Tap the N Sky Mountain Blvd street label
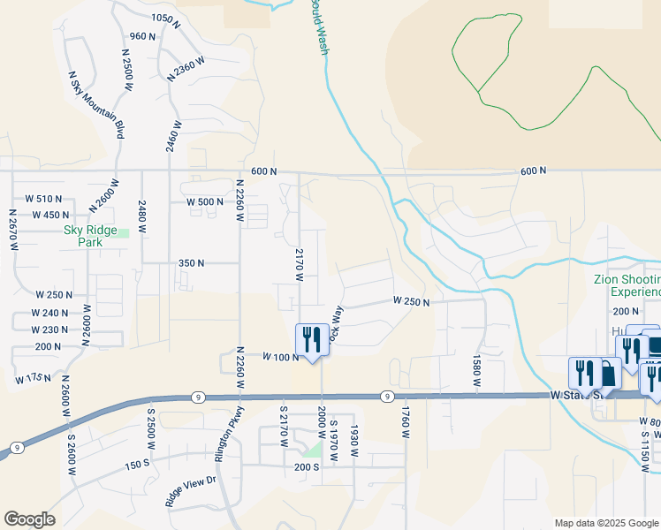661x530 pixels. tap(95, 103)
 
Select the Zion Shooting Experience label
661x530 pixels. tap(627, 285)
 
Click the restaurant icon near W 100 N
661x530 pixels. tap(311, 337)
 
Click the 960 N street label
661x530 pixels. tap(142, 36)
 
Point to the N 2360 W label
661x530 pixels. tap(186, 70)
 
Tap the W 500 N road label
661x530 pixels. tap(205, 201)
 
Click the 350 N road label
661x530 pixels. tap(191, 263)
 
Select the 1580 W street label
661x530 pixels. tap(476, 372)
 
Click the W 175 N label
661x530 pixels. tap(34, 379)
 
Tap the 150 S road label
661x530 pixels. tap(137, 465)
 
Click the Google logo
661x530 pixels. tap(29, 519)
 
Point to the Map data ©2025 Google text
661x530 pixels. tap(605, 523)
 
